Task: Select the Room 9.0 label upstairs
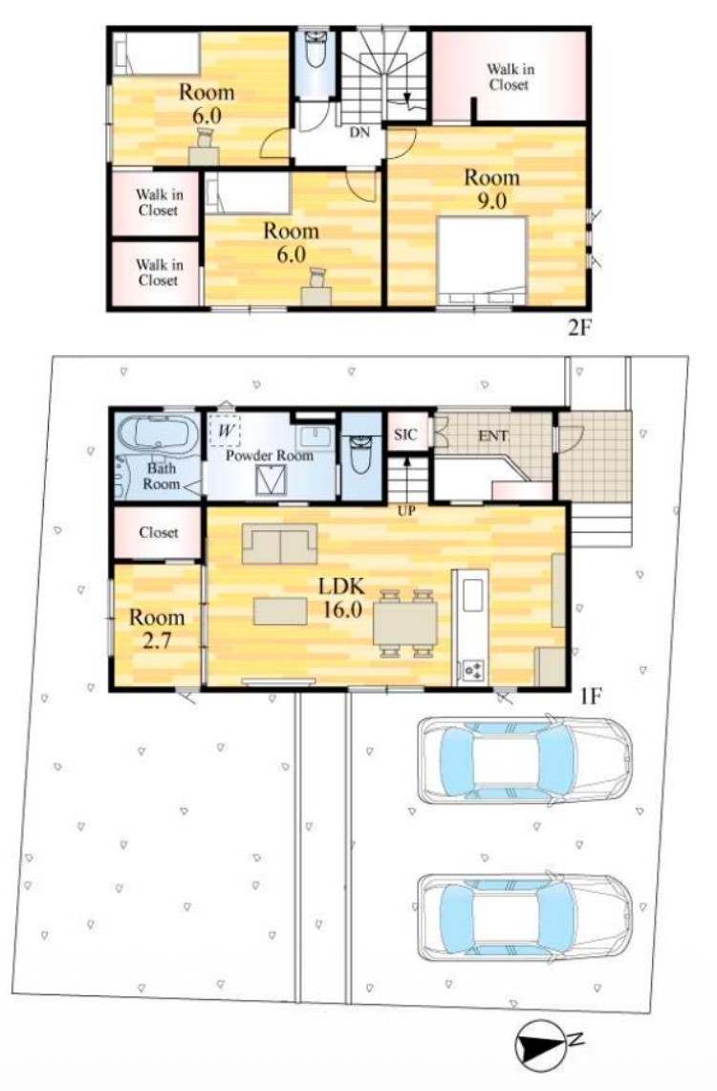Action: pyautogui.click(x=491, y=189)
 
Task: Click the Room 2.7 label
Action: pyautogui.click(x=157, y=629)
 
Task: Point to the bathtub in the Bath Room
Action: pyautogui.click(x=159, y=434)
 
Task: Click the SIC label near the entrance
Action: pyautogui.click(x=405, y=434)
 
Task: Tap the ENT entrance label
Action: pyautogui.click(x=492, y=436)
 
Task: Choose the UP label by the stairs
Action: pyautogui.click(x=406, y=511)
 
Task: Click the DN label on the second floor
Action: pyautogui.click(x=359, y=131)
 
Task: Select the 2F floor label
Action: pyautogui.click(x=579, y=327)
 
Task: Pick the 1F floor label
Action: pyautogui.click(x=590, y=696)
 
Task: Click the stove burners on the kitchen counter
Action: pyautogui.click(x=473, y=670)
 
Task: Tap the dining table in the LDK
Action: pyautogui.click(x=405, y=623)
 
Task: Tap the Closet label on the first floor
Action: pyautogui.click(x=159, y=532)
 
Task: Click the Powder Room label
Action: pyautogui.click(x=270, y=456)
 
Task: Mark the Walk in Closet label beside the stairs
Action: pyautogui.click(x=510, y=78)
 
